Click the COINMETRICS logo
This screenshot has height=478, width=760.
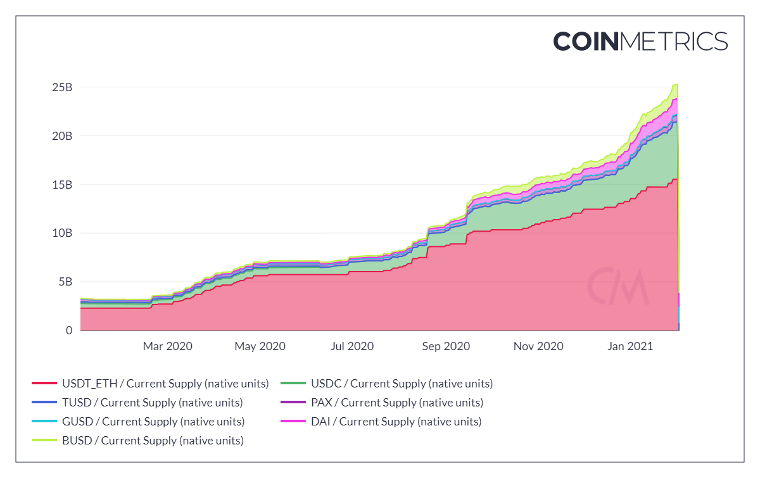pyautogui.click(x=640, y=41)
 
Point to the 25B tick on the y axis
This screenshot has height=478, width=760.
pyautogui.click(x=62, y=87)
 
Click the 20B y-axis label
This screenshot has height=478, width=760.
pyautogui.click(x=62, y=135)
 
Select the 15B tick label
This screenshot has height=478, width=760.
pyautogui.click(x=62, y=184)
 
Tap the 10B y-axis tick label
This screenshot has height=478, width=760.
pyautogui.click(x=62, y=233)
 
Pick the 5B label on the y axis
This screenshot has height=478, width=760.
pyautogui.click(x=65, y=282)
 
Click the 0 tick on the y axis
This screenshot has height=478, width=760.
pyautogui.click(x=68, y=330)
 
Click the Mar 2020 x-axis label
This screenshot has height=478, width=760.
pyautogui.click(x=167, y=346)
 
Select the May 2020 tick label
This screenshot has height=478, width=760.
pyautogui.click(x=260, y=346)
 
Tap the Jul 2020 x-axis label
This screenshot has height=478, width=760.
pyautogui.click(x=352, y=346)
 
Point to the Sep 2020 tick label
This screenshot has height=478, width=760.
pyautogui.click(x=446, y=346)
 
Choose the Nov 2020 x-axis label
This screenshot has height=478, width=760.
pyautogui.click(x=538, y=346)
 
